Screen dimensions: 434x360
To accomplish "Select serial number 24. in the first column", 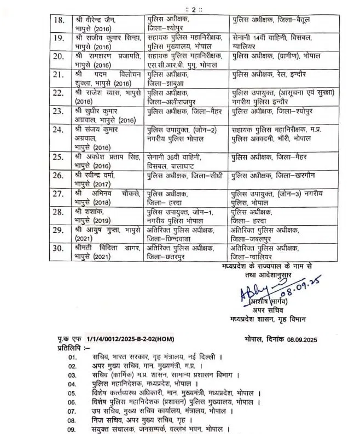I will (58, 130).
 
